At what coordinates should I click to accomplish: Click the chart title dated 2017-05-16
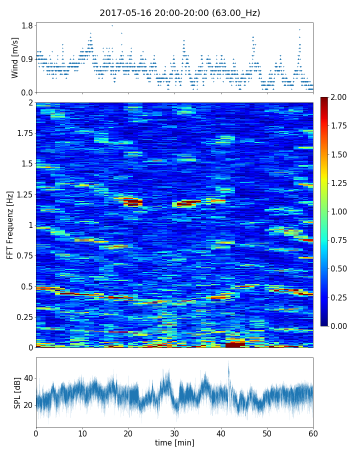[x=180, y=13]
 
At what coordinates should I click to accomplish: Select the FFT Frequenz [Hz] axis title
[x=10, y=225]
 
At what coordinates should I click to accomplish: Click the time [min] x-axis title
[x=174, y=442]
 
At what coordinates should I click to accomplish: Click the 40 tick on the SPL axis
[x=28, y=378]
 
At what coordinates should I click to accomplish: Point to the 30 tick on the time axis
[x=174, y=433]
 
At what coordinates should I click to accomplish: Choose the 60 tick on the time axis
[x=313, y=433]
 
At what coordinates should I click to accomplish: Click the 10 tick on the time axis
[x=82, y=433]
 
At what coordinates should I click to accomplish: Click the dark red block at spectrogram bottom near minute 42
[x=235, y=344]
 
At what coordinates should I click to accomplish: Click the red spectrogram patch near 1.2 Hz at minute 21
[x=132, y=202]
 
